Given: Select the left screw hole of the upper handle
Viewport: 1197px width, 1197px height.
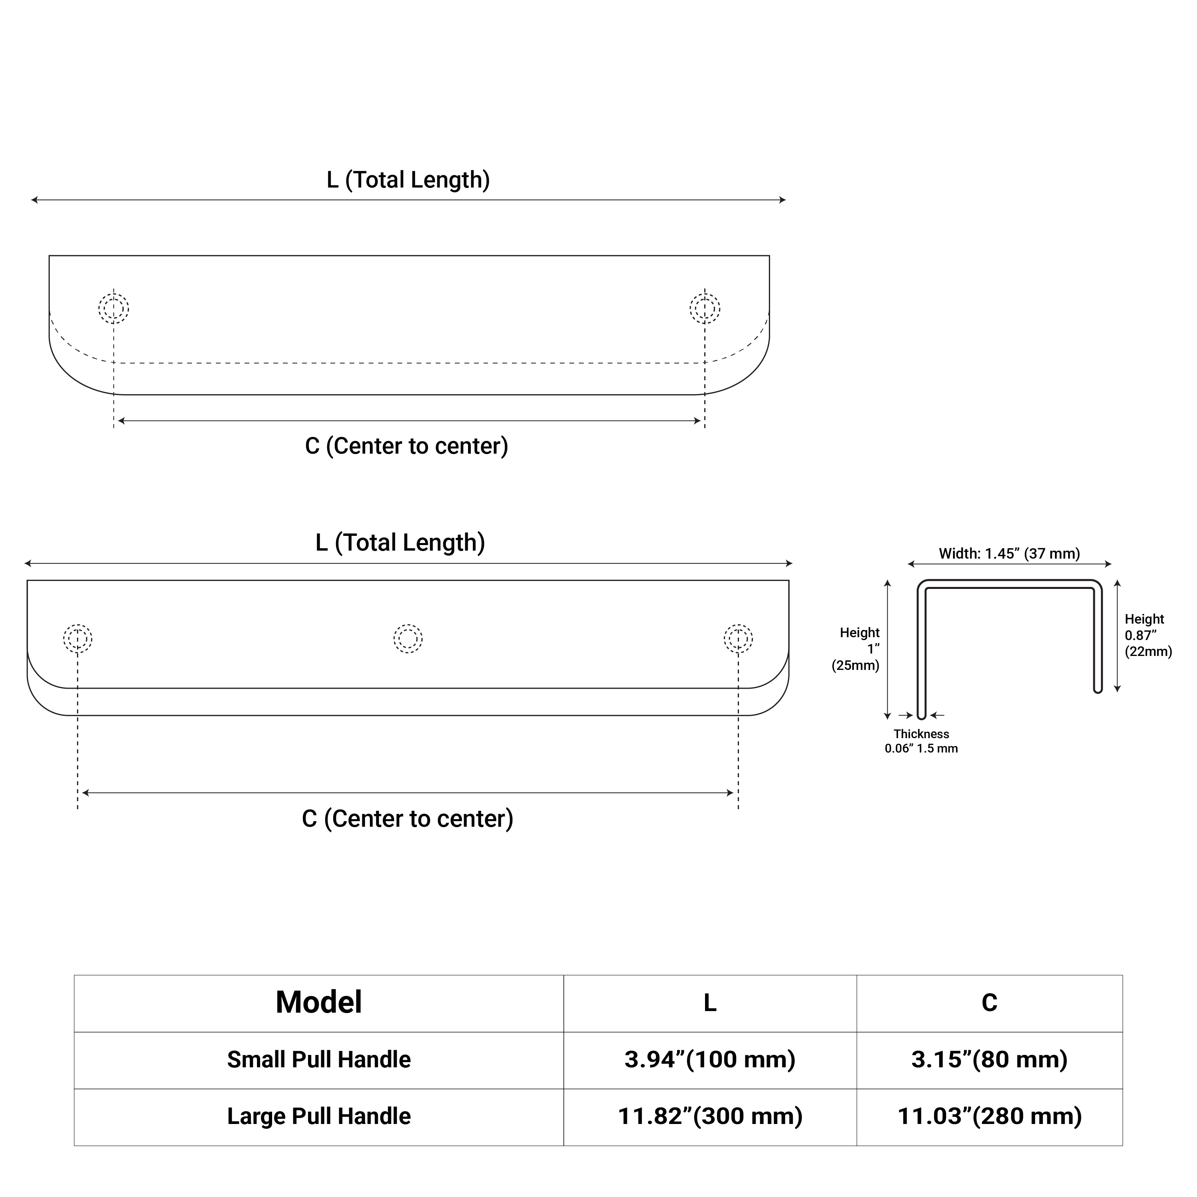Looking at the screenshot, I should [x=113, y=308].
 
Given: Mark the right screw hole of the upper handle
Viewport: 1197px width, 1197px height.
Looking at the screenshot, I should [x=705, y=308].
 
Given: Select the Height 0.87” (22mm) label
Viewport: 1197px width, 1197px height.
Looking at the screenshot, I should [x=1148, y=635].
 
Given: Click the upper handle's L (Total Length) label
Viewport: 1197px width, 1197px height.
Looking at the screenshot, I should [x=408, y=180].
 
